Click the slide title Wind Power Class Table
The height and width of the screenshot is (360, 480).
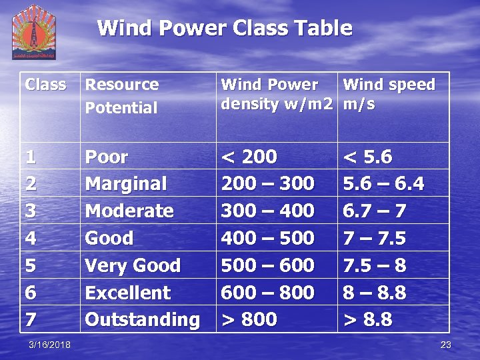tap(224, 28)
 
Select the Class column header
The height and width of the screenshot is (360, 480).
tap(45, 85)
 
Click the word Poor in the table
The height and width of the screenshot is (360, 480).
tap(107, 157)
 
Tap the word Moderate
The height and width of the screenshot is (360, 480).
tap(129, 211)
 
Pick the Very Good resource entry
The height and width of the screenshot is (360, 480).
tap(133, 265)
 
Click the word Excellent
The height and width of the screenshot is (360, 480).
tap(128, 293)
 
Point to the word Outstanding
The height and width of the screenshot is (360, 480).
tap(142, 319)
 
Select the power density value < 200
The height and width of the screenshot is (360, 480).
tap(249, 157)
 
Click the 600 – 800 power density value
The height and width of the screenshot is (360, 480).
tap(267, 293)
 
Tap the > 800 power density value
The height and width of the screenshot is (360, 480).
tap(249, 319)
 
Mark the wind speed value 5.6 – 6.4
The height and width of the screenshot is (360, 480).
tap(383, 184)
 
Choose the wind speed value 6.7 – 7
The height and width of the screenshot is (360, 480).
tap(374, 211)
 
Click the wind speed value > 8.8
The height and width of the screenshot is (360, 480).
tap(367, 319)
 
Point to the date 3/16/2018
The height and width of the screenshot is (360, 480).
tap(51, 345)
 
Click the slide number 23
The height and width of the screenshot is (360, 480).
tap(445, 345)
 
